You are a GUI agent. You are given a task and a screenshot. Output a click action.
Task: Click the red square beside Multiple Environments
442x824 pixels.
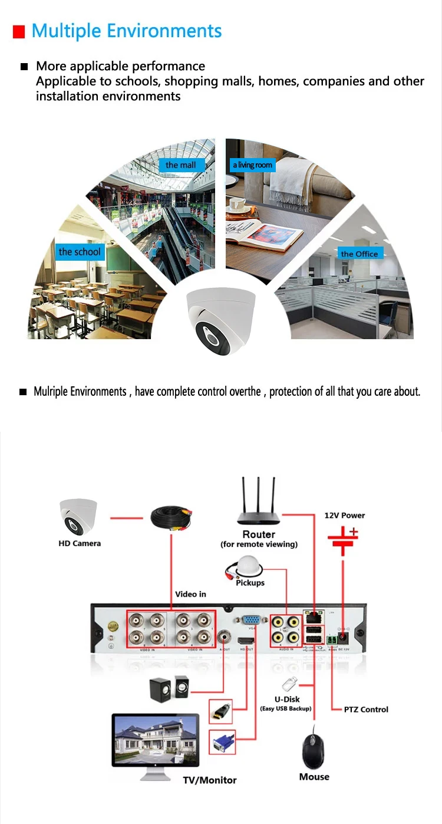click(19, 32)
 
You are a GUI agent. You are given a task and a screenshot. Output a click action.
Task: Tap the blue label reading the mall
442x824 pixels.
click(180, 165)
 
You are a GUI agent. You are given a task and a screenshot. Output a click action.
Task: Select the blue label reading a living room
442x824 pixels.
click(252, 165)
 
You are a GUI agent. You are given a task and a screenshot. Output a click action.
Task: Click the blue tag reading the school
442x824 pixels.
click(80, 252)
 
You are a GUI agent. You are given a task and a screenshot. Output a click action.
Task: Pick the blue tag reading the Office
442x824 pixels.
click(359, 254)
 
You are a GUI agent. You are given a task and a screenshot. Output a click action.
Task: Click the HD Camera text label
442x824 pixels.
click(80, 543)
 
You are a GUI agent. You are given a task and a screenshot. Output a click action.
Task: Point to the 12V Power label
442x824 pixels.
click(345, 516)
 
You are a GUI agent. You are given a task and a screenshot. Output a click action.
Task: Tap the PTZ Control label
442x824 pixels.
click(366, 710)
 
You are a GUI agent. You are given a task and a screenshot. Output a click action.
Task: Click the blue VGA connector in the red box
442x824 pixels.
click(223, 743)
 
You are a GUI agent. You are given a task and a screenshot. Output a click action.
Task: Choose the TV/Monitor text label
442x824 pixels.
click(209, 780)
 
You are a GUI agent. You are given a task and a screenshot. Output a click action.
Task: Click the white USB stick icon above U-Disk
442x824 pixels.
click(288, 684)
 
